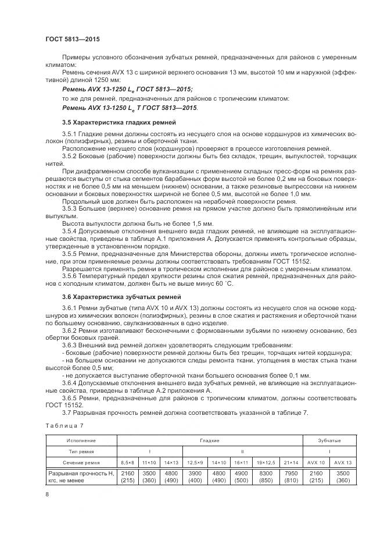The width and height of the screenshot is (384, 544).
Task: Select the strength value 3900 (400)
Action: tap(195, 477)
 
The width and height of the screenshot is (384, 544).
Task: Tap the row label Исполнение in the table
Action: tap(81, 440)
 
